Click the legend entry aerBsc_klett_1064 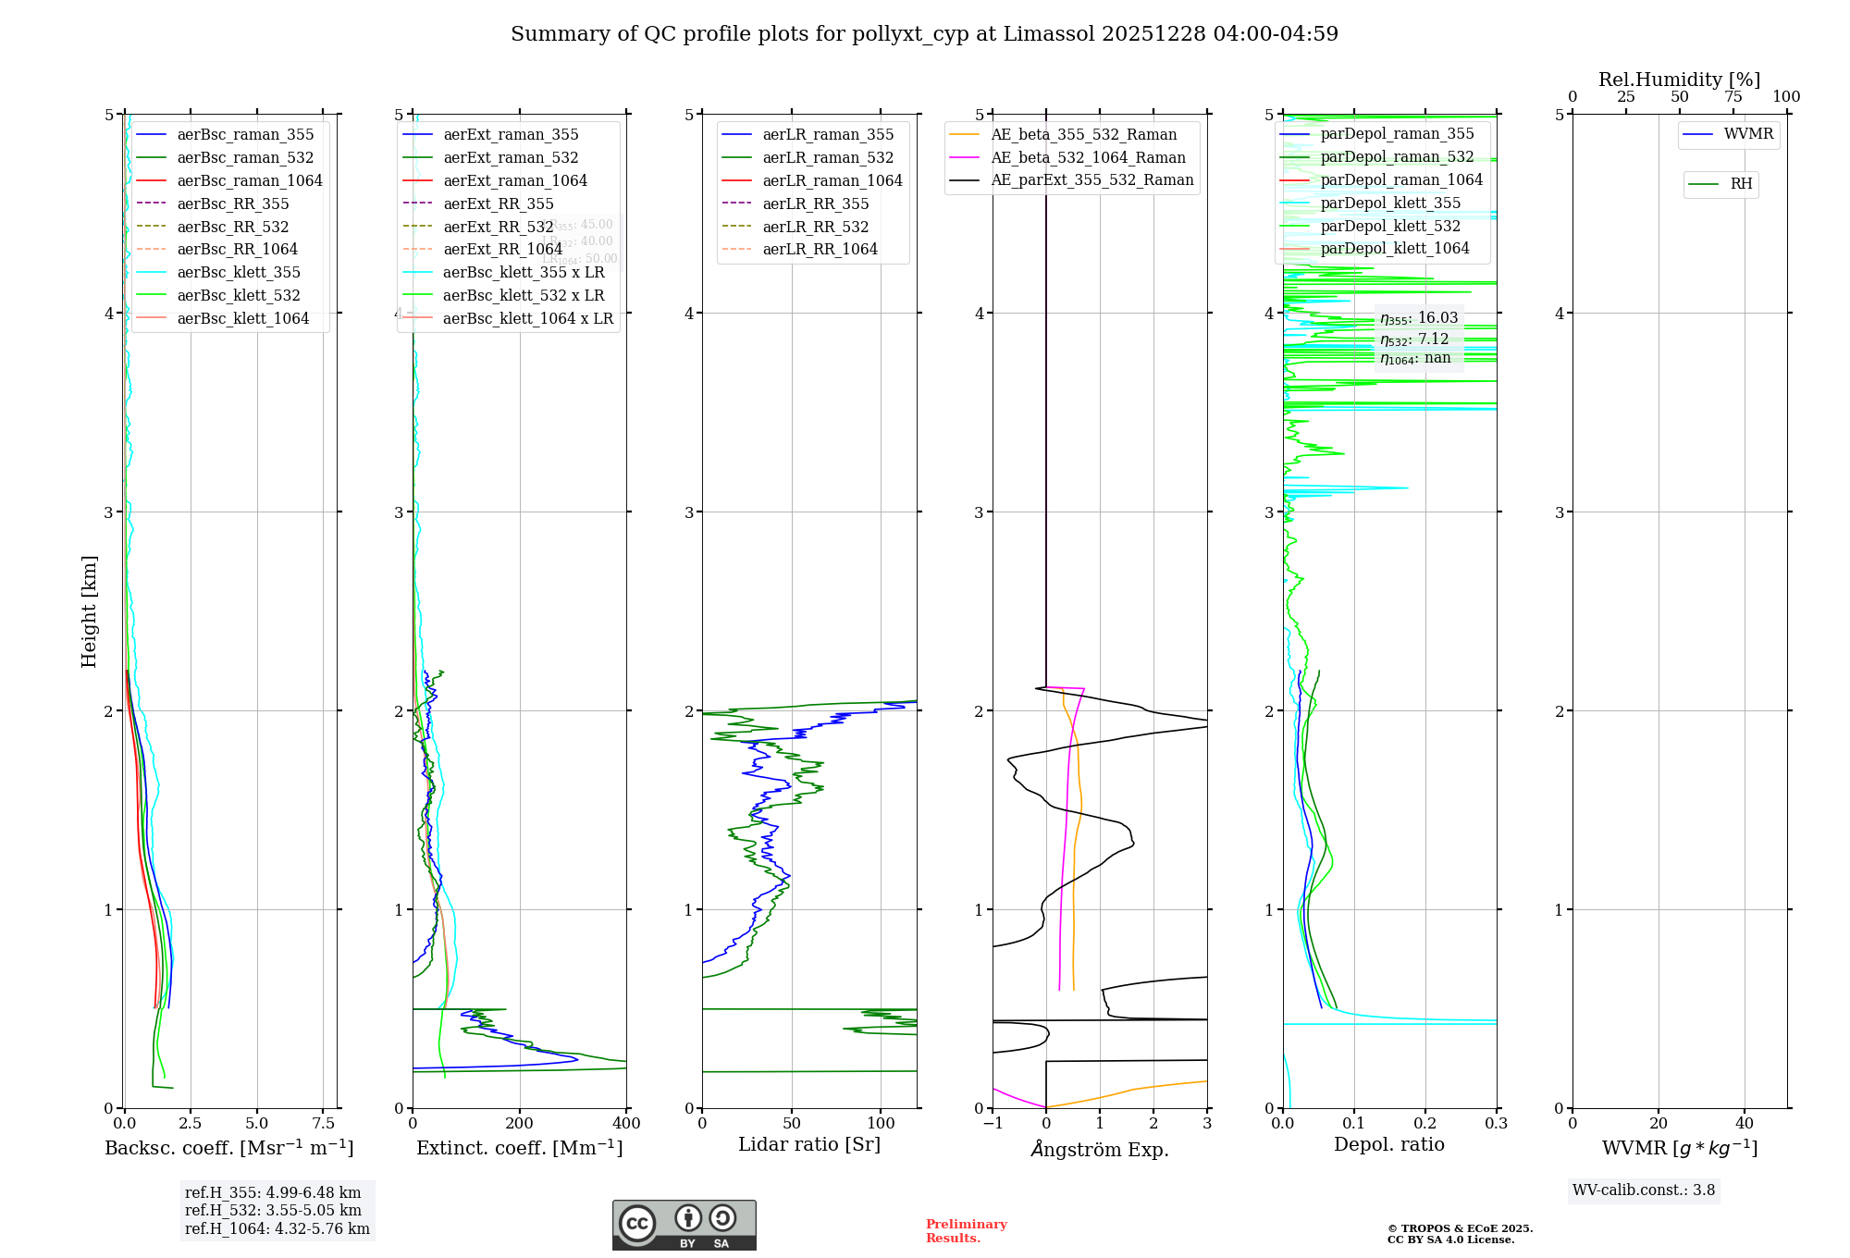click(x=242, y=318)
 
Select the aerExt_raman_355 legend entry click(x=511, y=134)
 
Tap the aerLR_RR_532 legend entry click(x=815, y=227)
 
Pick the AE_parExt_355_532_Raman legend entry click(x=1091, y=179)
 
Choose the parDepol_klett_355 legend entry click(x=1390, y=203)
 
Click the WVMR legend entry click(x=1748, y=134)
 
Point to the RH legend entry click(x=1741, y=184)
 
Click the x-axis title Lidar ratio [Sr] click(x=809, y=1144)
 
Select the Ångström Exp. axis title click(x=1100, y=1149)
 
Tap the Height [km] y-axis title click(x=89, y=610)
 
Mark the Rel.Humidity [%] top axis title click(x=1679, y=80)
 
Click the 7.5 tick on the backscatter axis click(x=323, y=1124)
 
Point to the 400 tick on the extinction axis click(x=626, y=1124)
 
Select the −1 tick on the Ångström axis click(x=993, y=1124)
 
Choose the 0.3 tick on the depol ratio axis click(x=1496, y=1124)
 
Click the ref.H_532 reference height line click(x=273, y=1211)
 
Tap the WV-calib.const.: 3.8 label click(x=1644, y=1190)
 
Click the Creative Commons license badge click(x=684, y=1226)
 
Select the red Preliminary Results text click(x=966, y=1231)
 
